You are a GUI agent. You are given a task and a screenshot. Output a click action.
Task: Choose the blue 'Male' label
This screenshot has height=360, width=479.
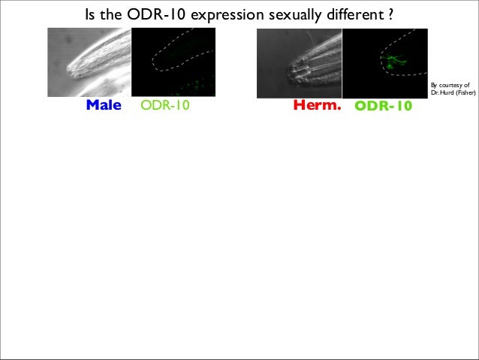tap(104, 106)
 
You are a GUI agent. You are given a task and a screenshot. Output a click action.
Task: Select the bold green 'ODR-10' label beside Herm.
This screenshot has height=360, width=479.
tap(383, 107)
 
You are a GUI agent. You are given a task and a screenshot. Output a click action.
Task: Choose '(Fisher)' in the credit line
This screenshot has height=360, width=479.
tap(465, 95)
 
